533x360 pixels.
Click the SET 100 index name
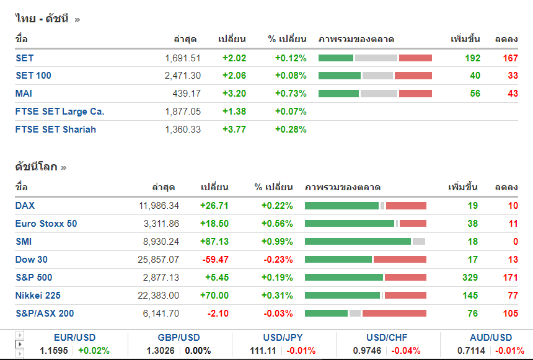(33, 76)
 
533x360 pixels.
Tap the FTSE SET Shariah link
(56, 130)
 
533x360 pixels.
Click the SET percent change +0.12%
(291, 58)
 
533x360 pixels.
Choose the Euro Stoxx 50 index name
(46, 224)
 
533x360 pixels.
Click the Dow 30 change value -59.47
(214, 260)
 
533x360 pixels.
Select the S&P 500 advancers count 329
(470, 278)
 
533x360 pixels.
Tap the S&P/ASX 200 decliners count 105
(510, 314)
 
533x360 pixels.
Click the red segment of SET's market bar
(415, 58)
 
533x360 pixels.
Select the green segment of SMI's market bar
(358, 242)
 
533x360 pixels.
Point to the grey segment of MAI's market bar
(379, 94)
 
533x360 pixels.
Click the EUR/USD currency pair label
(75, 338)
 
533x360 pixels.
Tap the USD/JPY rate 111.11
(262, 351)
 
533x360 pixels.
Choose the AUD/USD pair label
(491, 338)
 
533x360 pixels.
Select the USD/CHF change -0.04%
(407, 351)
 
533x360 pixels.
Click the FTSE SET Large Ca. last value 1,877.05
(183, 112)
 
